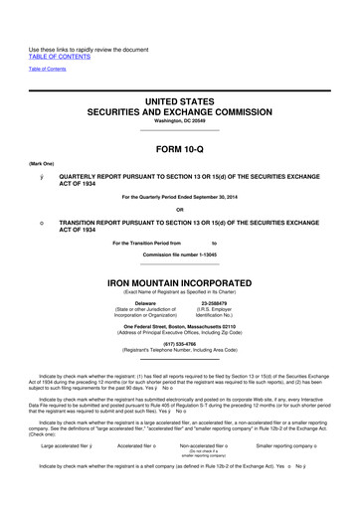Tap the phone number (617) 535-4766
180,346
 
